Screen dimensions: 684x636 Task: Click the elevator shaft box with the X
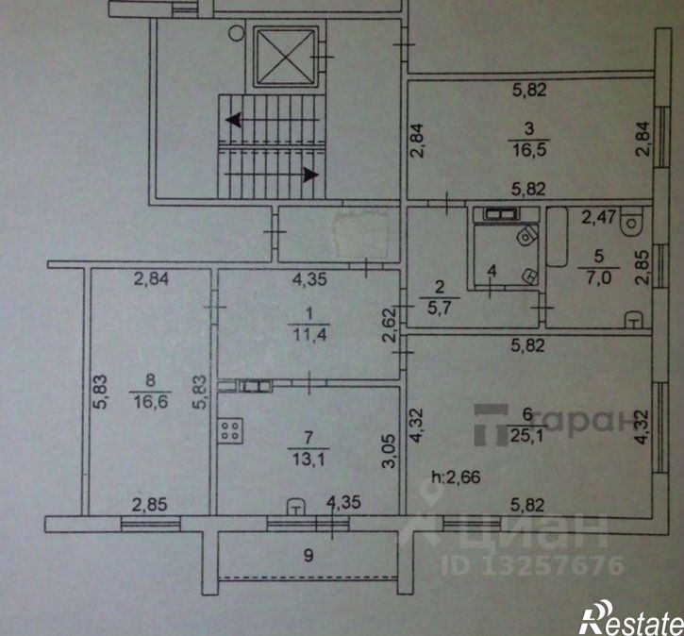pos(286,56)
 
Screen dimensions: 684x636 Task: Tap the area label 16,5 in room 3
pos(529,150)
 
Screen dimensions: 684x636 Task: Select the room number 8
pos(150,380)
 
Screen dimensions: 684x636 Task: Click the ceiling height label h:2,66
pos(456,477)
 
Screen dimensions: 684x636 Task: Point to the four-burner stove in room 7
pos(231,431)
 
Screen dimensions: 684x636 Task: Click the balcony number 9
pos(309,555)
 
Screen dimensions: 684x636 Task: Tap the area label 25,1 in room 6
pos(527,435)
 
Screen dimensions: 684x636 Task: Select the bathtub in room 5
pos(557,237)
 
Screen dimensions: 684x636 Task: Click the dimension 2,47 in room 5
pos(598,216)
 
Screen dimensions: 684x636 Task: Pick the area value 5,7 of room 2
pos(440,308)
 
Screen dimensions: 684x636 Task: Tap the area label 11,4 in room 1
pos(309,335)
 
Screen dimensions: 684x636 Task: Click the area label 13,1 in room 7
pos(309,460)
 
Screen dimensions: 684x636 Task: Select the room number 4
pos(492,272)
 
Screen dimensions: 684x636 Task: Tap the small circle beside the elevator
pos(236,33)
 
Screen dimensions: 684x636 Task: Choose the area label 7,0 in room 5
pos(598,278)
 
